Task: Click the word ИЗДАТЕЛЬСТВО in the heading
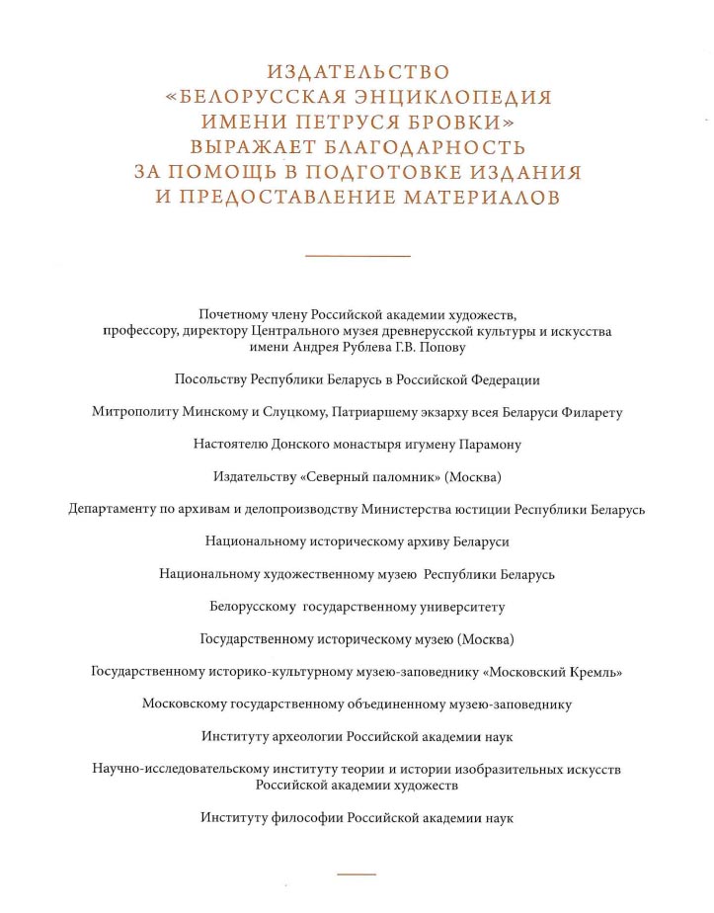click(357, 72)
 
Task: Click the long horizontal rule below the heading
click(357, 257)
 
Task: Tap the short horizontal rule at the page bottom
click(357, 873)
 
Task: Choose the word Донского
click(296, 445)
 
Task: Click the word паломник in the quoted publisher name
click(396, 477)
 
